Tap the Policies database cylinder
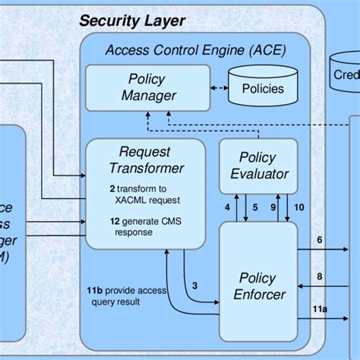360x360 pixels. click(262, 89)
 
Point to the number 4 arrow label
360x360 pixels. click(228, 207)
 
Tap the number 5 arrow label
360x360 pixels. click(254, 207)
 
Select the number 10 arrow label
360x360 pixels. click(298, 207)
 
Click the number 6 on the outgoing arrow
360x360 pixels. click(319, 239)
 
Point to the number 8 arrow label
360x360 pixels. click(319, 277)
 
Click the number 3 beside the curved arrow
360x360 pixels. click(195, 285)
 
